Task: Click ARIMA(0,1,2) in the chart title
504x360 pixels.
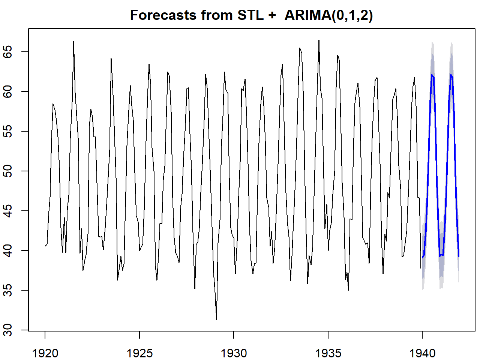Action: pos(328,15)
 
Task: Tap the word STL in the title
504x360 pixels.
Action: pos(250,15)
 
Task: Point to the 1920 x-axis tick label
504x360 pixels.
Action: pos(45,353)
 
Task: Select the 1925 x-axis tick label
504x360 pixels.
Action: pos(139,353)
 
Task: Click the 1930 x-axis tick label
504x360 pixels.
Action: pos(234,353)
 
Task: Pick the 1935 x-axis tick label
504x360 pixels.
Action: pos(328,353)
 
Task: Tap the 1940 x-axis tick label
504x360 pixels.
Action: pos(422,353)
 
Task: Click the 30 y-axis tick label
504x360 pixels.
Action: pos(8,330)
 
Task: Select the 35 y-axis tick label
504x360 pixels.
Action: pos(8,290)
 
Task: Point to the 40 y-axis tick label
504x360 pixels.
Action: pos(8,250)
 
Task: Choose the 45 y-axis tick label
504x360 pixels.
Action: pos(8,211)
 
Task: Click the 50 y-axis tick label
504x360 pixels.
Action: pos(8,171)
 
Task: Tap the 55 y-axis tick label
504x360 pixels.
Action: pos(8,131)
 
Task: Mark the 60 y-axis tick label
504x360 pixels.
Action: pos(8,91)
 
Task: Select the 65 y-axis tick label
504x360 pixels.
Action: pos(8,52)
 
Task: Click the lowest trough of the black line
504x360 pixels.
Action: pos(216,319)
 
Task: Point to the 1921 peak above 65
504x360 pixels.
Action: pos(73,42)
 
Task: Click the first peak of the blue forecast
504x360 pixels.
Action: pos(432,75)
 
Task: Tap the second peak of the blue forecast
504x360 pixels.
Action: pos(451,75)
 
